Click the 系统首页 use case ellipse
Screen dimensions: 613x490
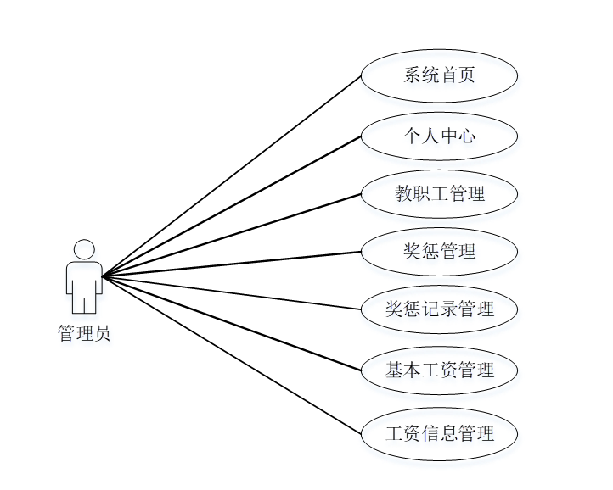click(x=439, y=75)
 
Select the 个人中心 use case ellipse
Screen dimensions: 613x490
click(x=439, y=135)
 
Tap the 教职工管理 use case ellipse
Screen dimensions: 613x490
click(x=439, y=193)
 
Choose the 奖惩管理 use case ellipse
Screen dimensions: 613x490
click(x=439, y=251)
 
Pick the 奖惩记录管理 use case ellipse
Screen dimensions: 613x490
click(x=439, y=309)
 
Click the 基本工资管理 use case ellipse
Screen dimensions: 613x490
click(x=439, y=370)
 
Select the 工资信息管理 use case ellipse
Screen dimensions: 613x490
click(x=439, y=434)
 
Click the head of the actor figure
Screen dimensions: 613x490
click(x=84, y=250)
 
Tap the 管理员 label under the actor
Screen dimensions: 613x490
click(x=83, y=333)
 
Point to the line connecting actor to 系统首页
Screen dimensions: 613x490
click(x=231, y=176)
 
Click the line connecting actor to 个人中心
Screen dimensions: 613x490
click(x=231, y=205)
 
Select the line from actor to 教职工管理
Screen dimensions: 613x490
click(x=231, y=235)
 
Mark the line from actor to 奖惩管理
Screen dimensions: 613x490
click(x=231, y=264)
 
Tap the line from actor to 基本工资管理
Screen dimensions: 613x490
click(x=231, y=323)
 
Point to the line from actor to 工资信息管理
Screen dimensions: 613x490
click(x=231, y=354)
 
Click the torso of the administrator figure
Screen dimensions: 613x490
click(x=84, y=277)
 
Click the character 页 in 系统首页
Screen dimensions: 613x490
click(x=466, y=75)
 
